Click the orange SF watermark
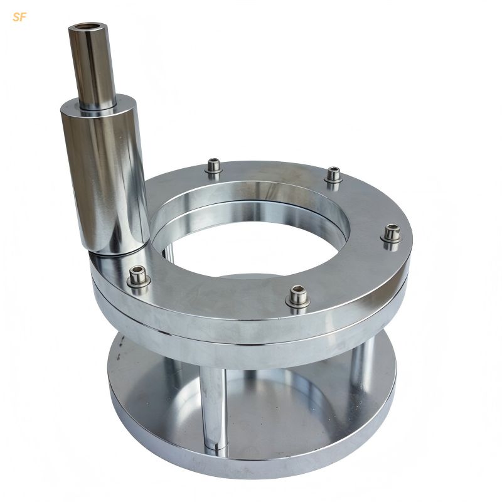tap(19, 18)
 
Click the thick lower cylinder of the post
tap(105, 174)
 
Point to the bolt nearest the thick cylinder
tap(138, 277)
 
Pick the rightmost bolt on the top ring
tap(392, 233)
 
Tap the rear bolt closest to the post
tap(213, 167)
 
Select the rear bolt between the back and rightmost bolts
tap(333, 176)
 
